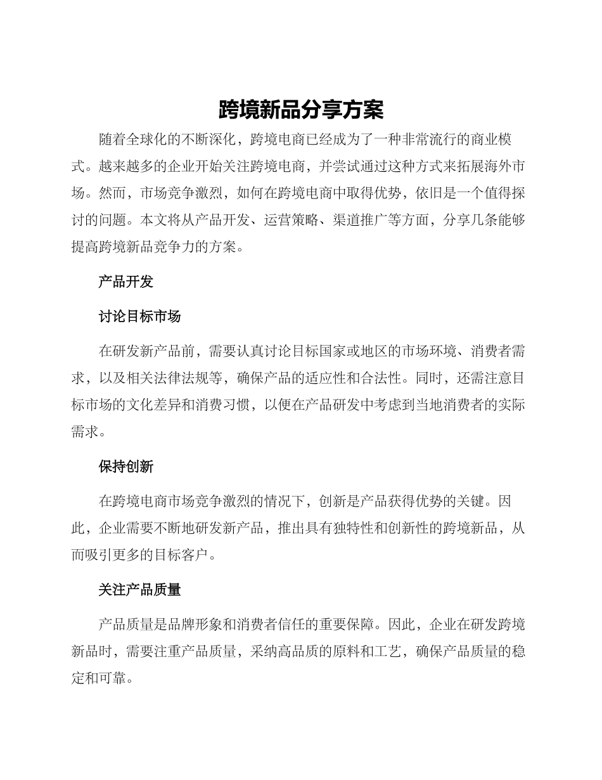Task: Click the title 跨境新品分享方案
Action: pyautogui.click(x=301, y=110)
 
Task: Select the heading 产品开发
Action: pyautogui.click(x=126, y=282)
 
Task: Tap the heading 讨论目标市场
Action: pyautogui.click(x=139, y=316)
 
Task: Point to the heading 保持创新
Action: pyautogui.click(x=126, y=467)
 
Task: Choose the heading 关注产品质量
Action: pyautogui.click(x=139, y=590)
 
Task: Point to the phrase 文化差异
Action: pyautogui.click(x=175, y=406)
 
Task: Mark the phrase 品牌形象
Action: pyautogui.click(x=209, y=625)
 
